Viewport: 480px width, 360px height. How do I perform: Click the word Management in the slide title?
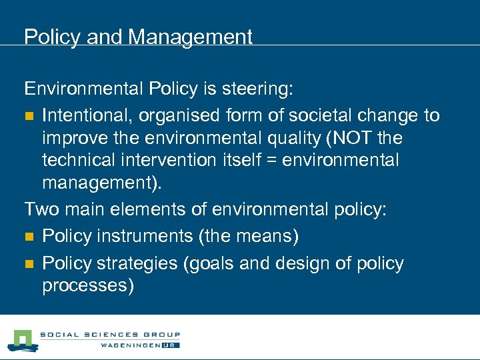190,37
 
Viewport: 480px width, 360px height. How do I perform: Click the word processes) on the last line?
88,287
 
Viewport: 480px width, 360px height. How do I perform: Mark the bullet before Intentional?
29,116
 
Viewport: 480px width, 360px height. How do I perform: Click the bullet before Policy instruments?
29,237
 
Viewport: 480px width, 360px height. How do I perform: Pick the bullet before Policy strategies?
29,264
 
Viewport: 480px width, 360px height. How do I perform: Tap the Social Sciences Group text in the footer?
110,335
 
